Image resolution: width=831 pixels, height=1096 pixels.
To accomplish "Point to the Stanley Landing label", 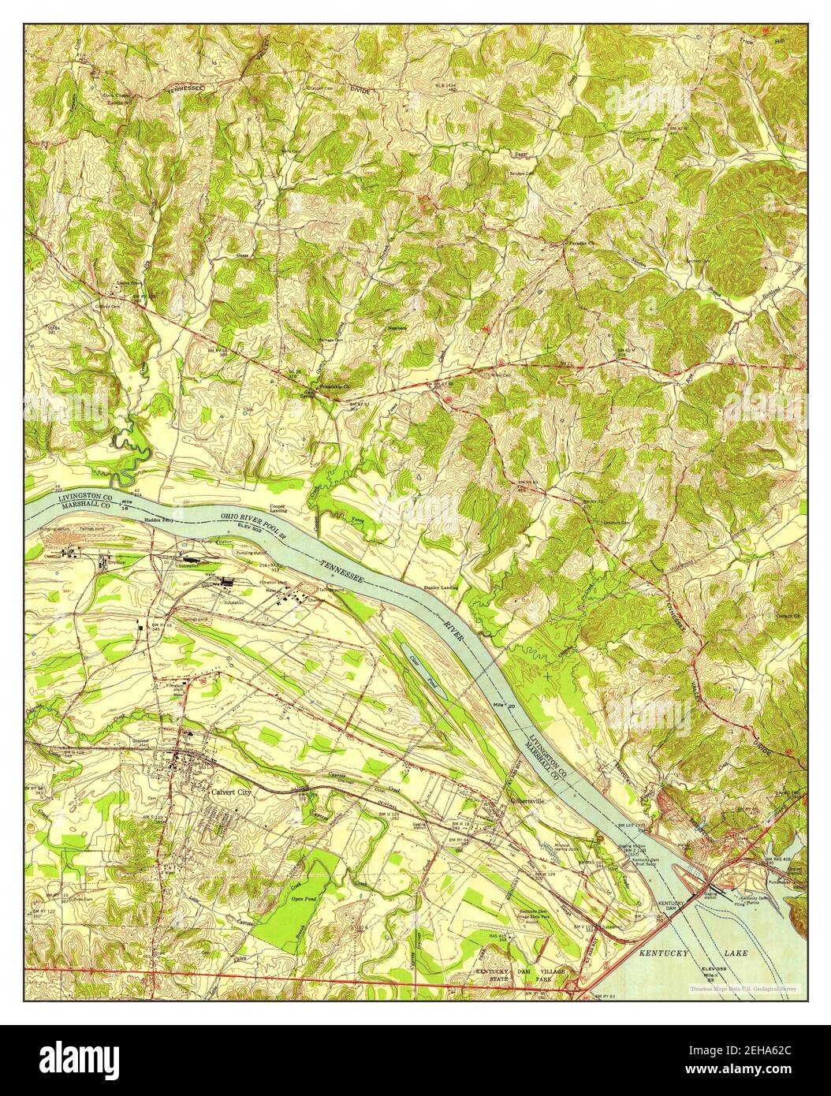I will click(x=442, y=587).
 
